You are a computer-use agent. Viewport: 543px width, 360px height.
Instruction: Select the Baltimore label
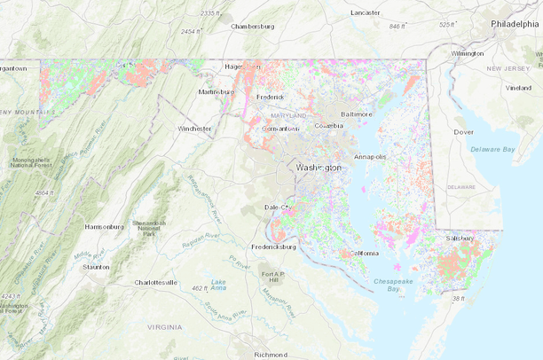357,114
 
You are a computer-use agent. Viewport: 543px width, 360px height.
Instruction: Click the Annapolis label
371,157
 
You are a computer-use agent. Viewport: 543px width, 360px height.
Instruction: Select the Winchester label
195,129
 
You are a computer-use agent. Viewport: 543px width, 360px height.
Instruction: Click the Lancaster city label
365,12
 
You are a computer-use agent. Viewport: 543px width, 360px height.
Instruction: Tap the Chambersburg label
253,27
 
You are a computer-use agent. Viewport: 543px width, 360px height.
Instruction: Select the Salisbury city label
460,238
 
